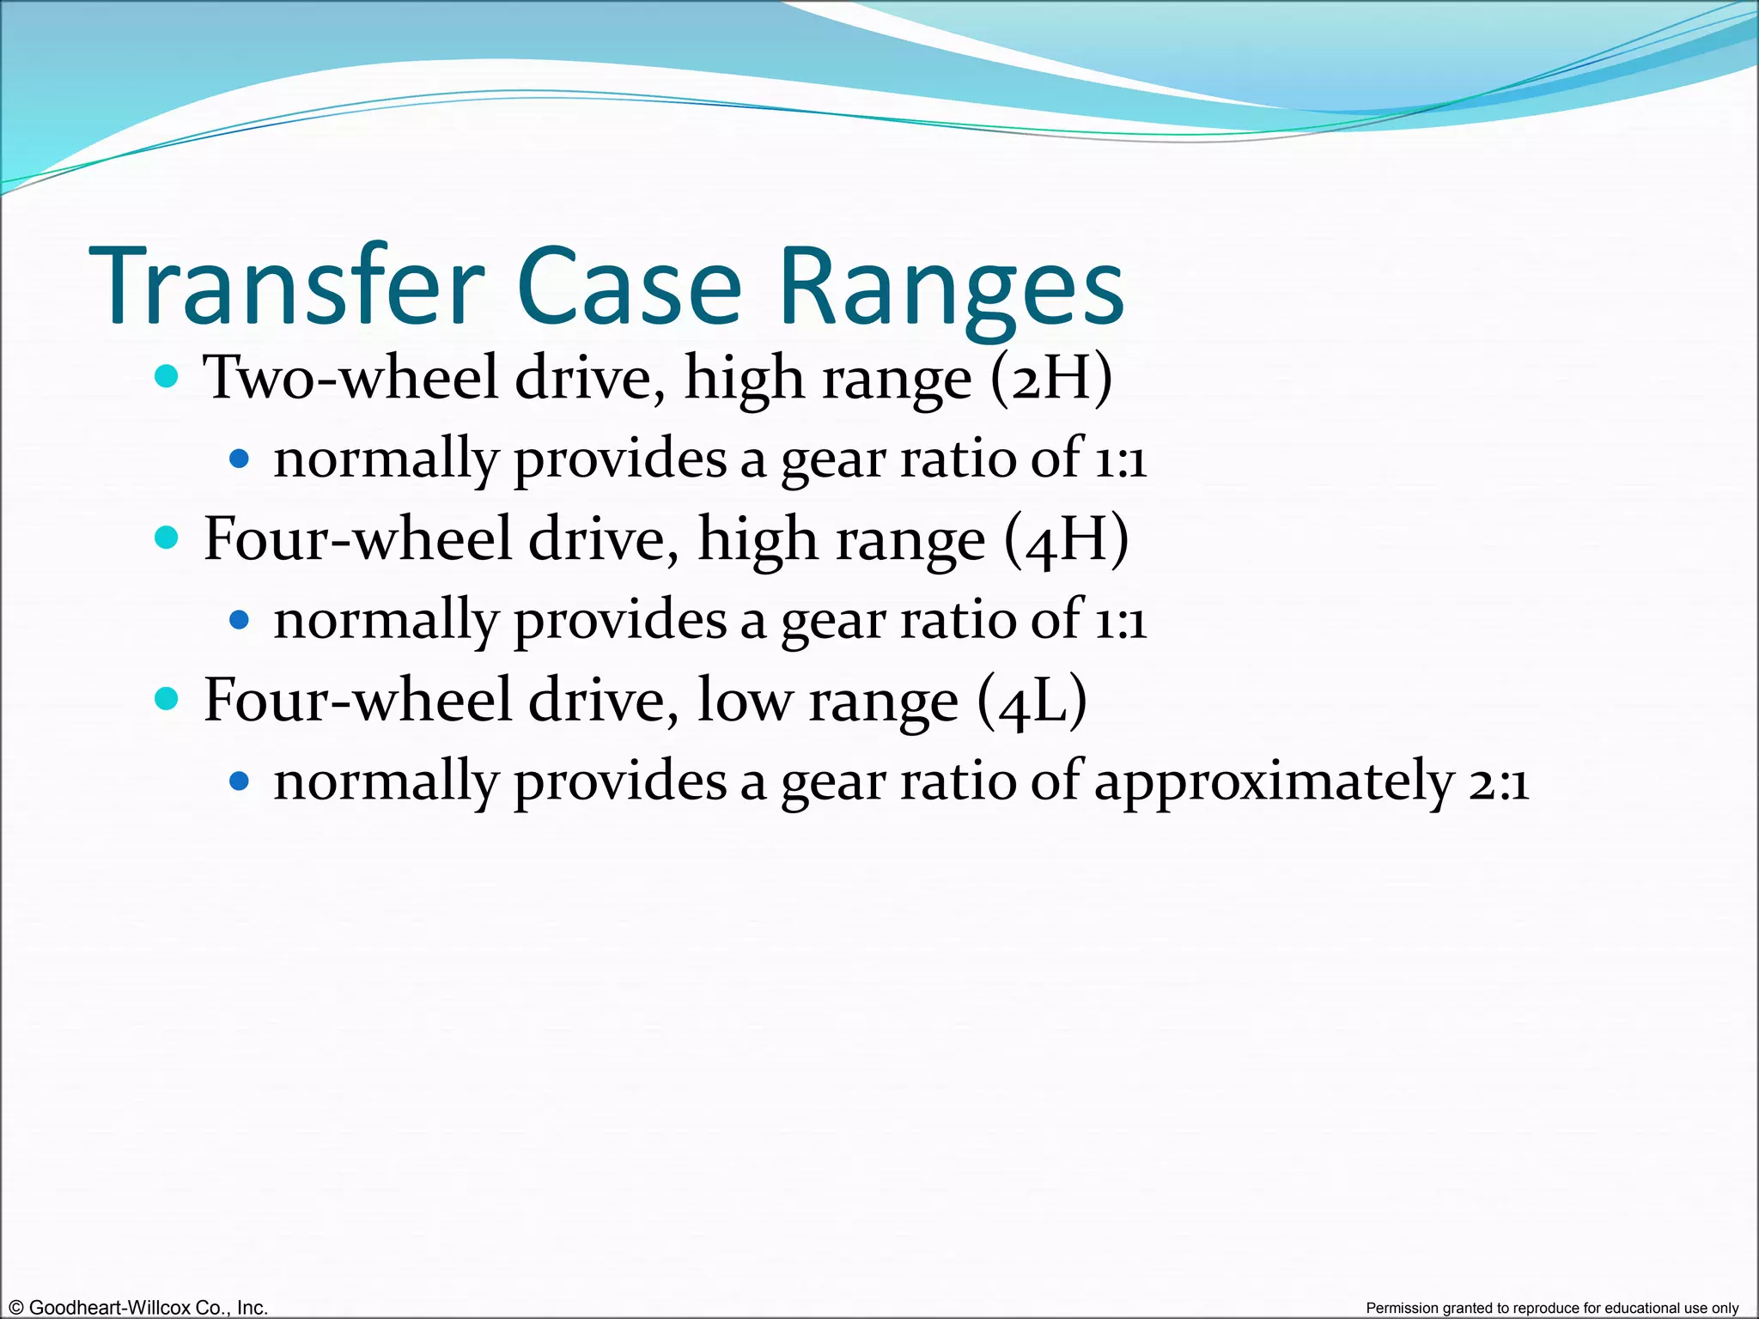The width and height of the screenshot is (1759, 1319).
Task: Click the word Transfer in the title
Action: [x=286, y=287]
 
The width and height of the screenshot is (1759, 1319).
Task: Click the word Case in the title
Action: [x=629, y=287]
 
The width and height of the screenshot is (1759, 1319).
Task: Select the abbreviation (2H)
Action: [x=1050, y=378]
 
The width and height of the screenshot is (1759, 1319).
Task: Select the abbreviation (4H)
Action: [x=1066, y=539]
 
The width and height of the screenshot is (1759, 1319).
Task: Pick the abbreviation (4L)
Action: [x=1032, y=701]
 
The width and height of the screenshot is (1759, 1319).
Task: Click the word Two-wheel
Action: [x=350, y=378]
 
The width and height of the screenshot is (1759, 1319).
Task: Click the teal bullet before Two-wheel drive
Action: [x=167, y=376]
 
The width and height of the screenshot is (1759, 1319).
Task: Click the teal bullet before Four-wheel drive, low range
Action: [x=167, y=698]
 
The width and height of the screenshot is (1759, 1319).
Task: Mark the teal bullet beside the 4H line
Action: [x=167, y=538]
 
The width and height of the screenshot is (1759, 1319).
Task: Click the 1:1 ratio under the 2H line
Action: [x=1119, y=459]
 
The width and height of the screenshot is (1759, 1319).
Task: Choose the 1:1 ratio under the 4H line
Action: [x=1119, y=621]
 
